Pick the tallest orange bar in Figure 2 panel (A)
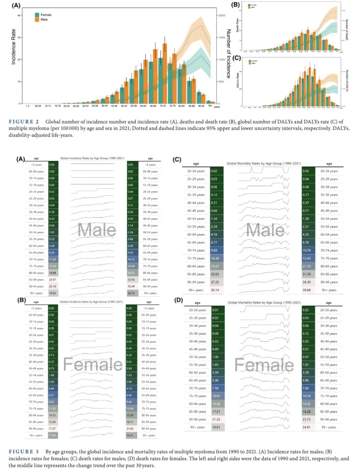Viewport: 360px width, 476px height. pyautogui.click(x=165, y=73)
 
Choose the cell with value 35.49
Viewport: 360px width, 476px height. pyautogui.click(x=131, y=286)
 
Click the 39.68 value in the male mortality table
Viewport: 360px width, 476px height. pyautogui.click(x=307, y=289)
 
